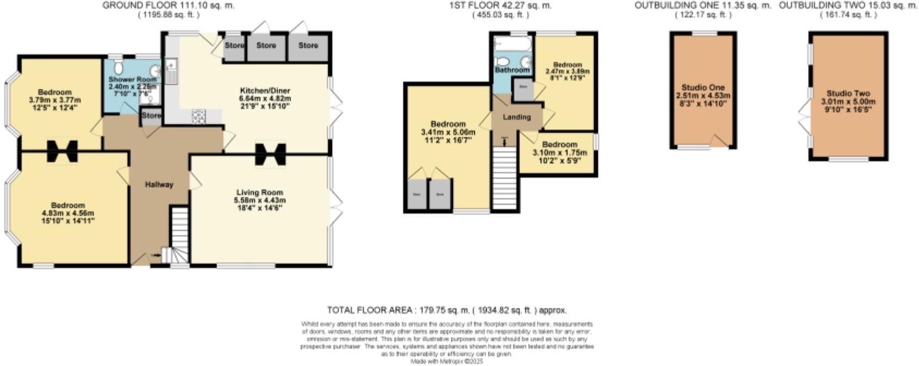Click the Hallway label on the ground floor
[x=159, y=185]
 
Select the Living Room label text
[x=260, y=193]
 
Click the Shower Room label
[x=132, y=80]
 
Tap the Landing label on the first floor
[x=516, y=117]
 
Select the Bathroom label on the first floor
[x=512, y=70]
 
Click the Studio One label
[x=703, y=88]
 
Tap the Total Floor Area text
[x=446, y=310]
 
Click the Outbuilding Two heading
[x=848, y=5]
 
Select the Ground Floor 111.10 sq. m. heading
[x=169, y=5]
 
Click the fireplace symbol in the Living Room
[x=271, y=153]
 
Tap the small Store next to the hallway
[x=151, y=116]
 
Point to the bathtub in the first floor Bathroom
[x=512, y=43]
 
